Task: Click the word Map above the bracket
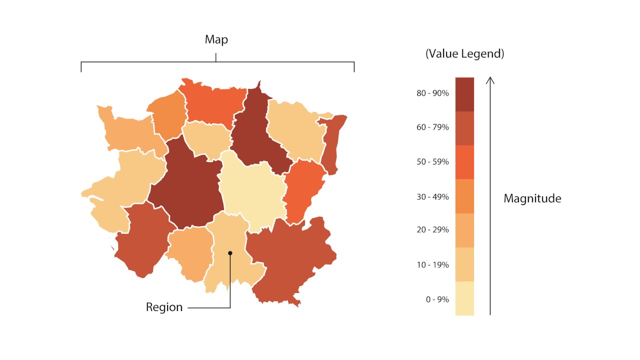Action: point(216,40)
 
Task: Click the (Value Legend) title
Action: point(464,54)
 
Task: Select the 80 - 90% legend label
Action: point(432,93)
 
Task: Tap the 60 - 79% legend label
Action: point(432,127)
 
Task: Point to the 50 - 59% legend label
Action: point(432,162)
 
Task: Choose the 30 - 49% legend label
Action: point(432,196)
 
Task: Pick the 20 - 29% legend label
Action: point(432,230)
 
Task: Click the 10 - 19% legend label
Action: point(432,264)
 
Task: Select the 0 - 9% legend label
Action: point(437,299)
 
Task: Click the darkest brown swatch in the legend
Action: point(464,94)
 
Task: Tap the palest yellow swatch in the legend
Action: point(464,298)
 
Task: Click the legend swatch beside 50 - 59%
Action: point(464,162)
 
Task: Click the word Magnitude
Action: point(532,198)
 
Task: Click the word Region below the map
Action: point(164,307)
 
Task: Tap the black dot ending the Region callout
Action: point(230,253)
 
